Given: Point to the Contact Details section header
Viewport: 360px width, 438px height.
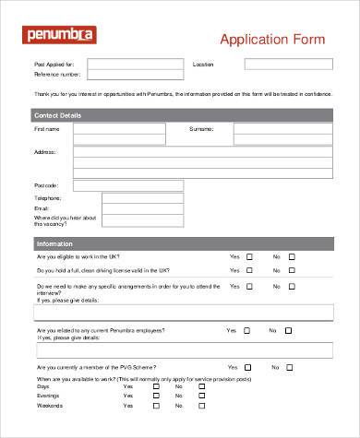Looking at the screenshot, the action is coord(57,115).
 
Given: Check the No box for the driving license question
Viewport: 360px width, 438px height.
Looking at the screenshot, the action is coord(290,271).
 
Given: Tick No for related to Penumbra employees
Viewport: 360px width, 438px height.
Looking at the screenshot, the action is coord(290,330).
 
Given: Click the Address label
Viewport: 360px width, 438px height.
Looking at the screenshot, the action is coord(44,150).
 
